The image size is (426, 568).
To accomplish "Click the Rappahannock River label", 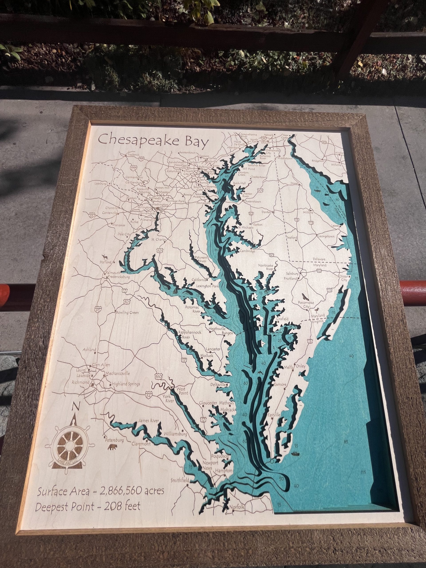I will coord(189,335).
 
